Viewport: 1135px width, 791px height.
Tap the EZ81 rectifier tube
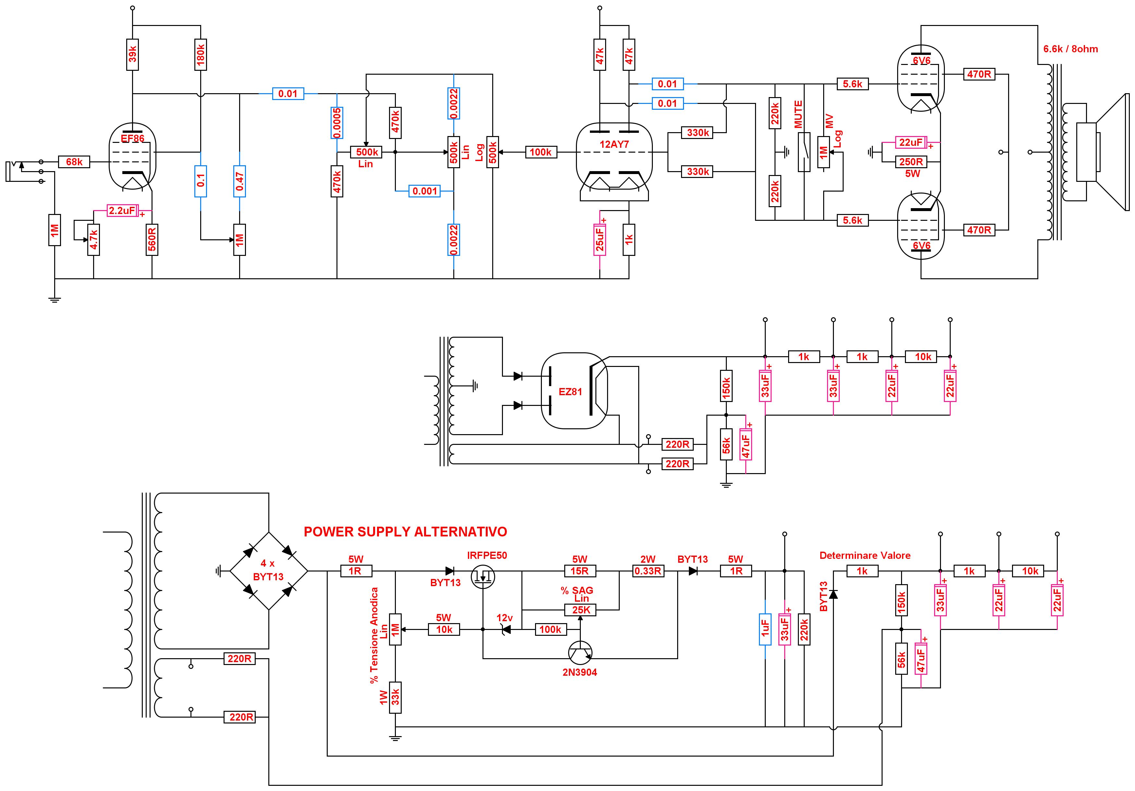574,391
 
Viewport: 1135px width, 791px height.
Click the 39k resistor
132,55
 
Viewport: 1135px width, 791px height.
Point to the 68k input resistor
74,162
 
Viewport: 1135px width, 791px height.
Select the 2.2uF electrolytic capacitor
123,211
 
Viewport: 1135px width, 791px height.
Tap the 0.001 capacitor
425,191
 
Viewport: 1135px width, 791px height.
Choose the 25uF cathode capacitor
600,239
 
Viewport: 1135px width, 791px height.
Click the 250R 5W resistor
911,162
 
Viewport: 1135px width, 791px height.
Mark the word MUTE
798,115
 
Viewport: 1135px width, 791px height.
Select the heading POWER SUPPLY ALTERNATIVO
405,532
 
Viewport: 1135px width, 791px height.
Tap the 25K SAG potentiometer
580,610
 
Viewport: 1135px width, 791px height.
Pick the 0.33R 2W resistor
648,571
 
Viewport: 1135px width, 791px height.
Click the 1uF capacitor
765,629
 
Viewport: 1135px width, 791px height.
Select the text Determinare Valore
865,556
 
